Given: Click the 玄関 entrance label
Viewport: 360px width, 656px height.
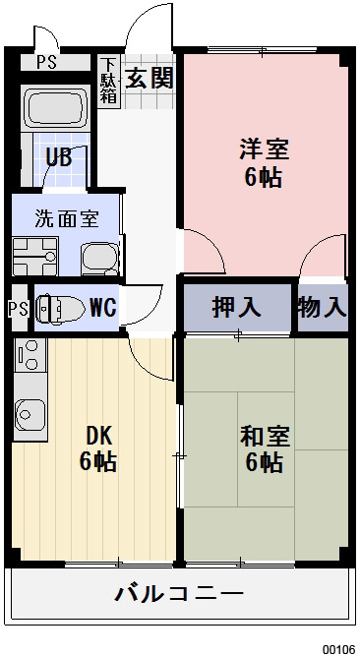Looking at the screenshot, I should click(x=149, y=77).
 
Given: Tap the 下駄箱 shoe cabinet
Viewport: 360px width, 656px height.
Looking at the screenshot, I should click(x=108, y=82).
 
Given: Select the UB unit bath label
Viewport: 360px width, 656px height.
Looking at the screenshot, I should click(x=58, y=155).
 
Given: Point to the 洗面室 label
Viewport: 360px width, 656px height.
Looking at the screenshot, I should click(x=66, y=218).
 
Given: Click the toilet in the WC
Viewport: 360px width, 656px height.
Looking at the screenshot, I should click(x=58, y=308).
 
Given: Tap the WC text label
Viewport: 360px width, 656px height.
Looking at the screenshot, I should click(x=102, y=307).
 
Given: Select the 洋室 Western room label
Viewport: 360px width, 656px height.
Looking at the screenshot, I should click(x=264, y=150).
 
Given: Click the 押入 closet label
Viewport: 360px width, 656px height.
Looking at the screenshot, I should click(x=237, y=307).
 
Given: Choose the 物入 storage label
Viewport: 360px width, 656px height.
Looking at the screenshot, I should click(x=323, y=307).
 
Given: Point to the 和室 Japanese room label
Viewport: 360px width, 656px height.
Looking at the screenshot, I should click(x=264, y=434).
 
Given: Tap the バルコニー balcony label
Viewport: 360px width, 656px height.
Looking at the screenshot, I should click(x=179, y=594).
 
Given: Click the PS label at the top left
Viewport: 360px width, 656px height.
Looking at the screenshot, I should click(x=46, y=61).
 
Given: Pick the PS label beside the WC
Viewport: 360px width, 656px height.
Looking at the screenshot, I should click(x=17, y=308).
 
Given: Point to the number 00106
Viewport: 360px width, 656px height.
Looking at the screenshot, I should click(x=338, y=649).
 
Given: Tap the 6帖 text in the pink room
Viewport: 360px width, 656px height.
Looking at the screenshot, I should click(x=264, y=178).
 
